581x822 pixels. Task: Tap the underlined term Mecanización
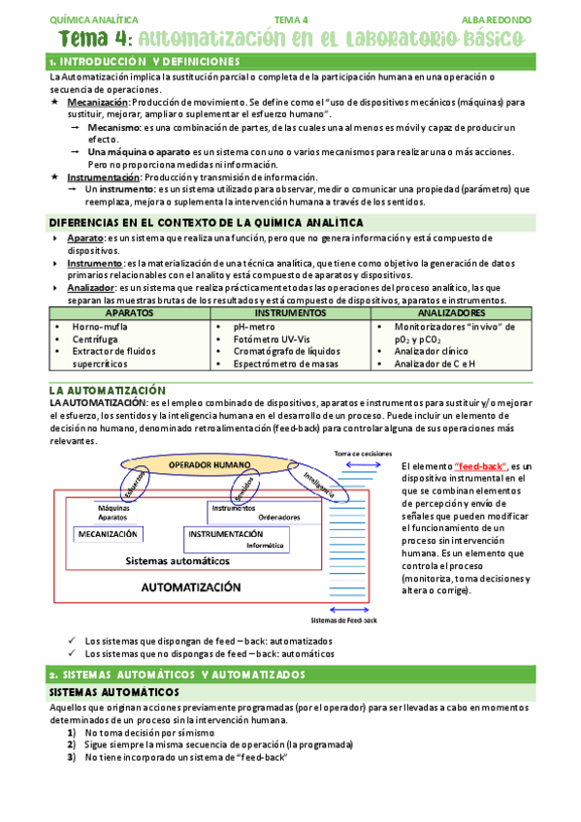click(x=97, y=102)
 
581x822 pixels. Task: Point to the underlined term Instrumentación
click(x=103, y=177)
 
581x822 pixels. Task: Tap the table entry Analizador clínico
click(x=435, y=352)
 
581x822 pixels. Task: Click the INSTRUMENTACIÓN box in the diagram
click(x=225, y=534)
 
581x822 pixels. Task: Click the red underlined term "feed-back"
click(x=480, y=466)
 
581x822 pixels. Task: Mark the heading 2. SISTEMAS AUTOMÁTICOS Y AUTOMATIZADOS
click(x=177, y=674)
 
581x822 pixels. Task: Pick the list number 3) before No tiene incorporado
click(x=73, y=757)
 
